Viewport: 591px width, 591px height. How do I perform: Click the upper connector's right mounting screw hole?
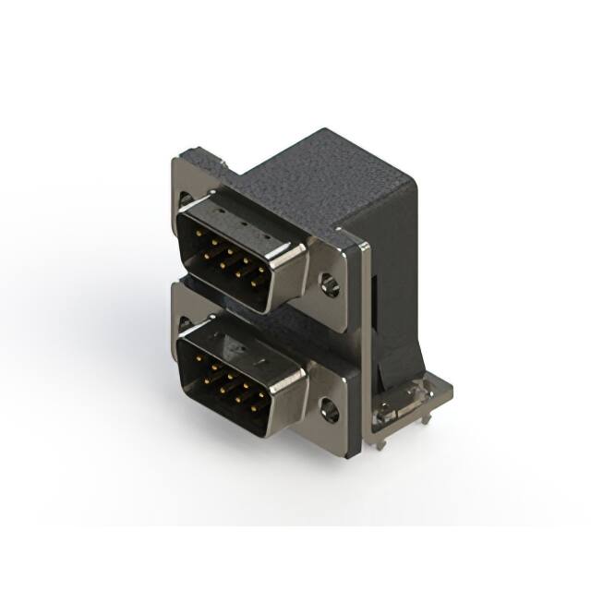[330, 283]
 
